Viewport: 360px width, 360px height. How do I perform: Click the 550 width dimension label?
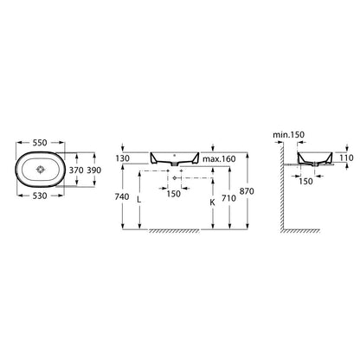pyautogui.click(x=40, y=143)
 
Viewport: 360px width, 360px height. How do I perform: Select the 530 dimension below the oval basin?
pyautogui.click(x=40, y=196)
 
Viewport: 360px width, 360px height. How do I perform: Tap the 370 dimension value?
pyautogui.click(x=76, y=170)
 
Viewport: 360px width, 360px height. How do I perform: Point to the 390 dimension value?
pyautogui.click(x=94, y=170)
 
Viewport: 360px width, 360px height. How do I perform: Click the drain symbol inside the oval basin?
pyautogui.click(x=41, y=170)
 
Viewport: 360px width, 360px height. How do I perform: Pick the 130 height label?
pyautogui.click(x=122, y=158)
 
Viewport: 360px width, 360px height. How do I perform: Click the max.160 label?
pyautogui.click(x=219, y=159)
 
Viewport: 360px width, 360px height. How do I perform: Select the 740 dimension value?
pyautogui.click(x=122, y=196)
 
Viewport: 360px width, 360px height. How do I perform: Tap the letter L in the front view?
pyautogui.click(x=139, y=200)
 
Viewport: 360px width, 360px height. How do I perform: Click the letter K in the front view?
pyautogui.click(x=212, y=202)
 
